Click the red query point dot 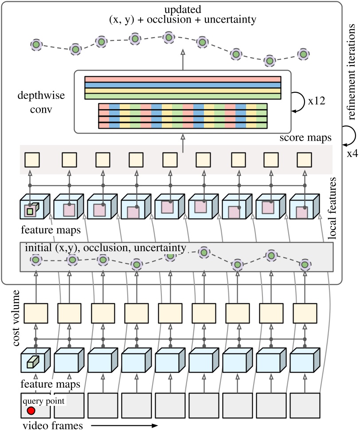[x=31, y=411]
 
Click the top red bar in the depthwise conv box [x=182, y=79]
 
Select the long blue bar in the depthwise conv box [x=182, y=85]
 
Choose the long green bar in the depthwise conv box [x=182, y=96]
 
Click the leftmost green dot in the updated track [x=36, y=45]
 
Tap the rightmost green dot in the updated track [x=303, y=54]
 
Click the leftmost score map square [x=32, y=159]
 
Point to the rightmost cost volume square [x=304, y=314]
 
